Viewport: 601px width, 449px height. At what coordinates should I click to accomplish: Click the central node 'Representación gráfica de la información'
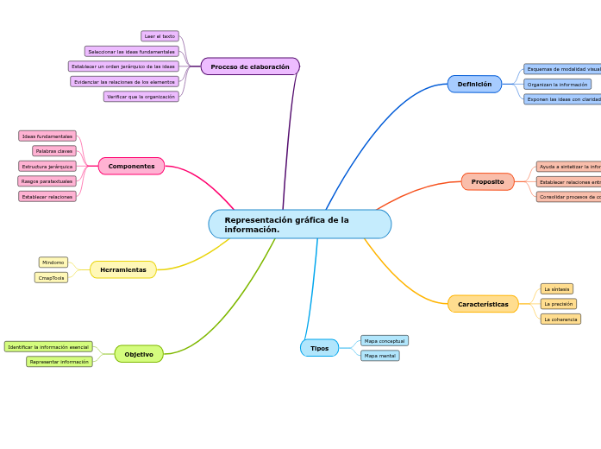tap(299, 224)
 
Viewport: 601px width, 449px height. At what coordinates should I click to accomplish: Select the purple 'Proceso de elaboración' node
tap(250, 66)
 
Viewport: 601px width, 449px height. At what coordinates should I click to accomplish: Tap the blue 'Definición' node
tap(474, 85)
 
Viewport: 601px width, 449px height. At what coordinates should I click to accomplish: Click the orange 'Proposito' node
tap(487, 182)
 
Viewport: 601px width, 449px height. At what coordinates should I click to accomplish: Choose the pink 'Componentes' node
tap(131, 166)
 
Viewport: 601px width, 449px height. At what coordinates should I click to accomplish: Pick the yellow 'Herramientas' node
tap(123, 270)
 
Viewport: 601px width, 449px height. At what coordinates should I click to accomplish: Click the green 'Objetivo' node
tap(139, 354)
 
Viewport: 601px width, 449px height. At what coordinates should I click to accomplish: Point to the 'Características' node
tap(483, 304)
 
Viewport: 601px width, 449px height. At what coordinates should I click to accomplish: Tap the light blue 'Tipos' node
tap(319, 348)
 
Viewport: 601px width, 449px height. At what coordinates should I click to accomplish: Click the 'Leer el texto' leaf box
tap(160, 36)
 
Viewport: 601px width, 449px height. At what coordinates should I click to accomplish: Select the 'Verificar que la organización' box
tap(141, 97)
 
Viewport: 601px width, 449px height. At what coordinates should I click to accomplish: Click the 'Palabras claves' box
tap(54, 151)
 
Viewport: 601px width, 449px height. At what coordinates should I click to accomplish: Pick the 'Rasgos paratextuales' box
tap(47, 181)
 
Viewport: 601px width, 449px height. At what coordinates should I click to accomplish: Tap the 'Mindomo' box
tap(53, 262)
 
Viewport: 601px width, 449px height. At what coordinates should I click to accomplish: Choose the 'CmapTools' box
tap(52, 278)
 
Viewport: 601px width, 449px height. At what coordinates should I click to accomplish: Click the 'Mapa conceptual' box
tap(385, 341)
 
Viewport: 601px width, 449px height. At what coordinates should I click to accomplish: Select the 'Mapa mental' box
tap(379, 356)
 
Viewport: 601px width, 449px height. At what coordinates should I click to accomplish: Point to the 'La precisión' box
tap(558, 304)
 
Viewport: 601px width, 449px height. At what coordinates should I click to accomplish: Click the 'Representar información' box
tap(59, 362)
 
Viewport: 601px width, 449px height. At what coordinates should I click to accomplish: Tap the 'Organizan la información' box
tap(557, 85)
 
